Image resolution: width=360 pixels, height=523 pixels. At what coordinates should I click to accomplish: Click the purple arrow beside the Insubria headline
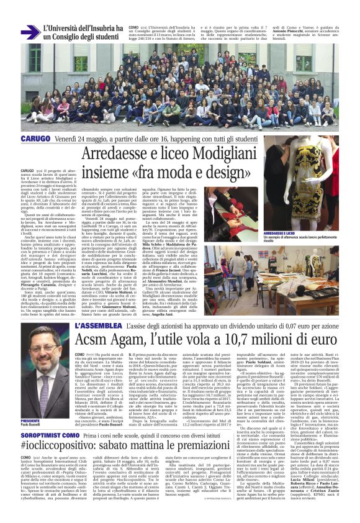[x=30, y=32]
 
